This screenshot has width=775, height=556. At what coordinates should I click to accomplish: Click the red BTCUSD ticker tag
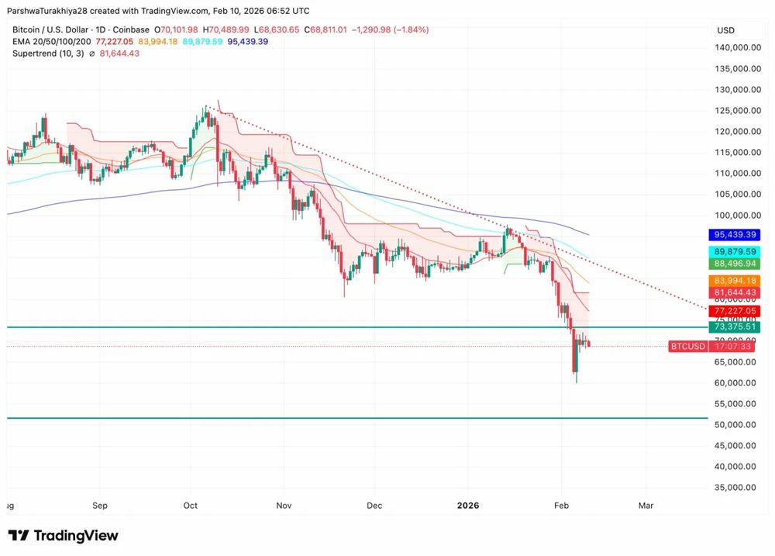(x=687, y=346)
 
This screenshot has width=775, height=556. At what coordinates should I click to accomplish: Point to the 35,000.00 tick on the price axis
(x=735, y=488)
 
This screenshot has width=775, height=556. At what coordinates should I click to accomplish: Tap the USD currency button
(x=726, y=30)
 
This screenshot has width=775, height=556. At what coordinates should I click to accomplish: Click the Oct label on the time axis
(x=191, y=506)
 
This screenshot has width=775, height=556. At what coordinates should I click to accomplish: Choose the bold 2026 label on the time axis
(x=467, y=506)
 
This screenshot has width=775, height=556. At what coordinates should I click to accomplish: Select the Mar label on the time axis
(x=646, y=506)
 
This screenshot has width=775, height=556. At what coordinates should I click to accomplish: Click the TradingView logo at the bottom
(x=64, y=536)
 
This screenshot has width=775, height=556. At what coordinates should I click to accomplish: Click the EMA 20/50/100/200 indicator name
(x=51, y=41)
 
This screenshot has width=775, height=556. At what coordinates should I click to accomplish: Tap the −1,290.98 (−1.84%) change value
(x=390, y=29)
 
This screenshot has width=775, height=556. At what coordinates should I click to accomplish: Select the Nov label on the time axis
(x=284, y=506)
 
